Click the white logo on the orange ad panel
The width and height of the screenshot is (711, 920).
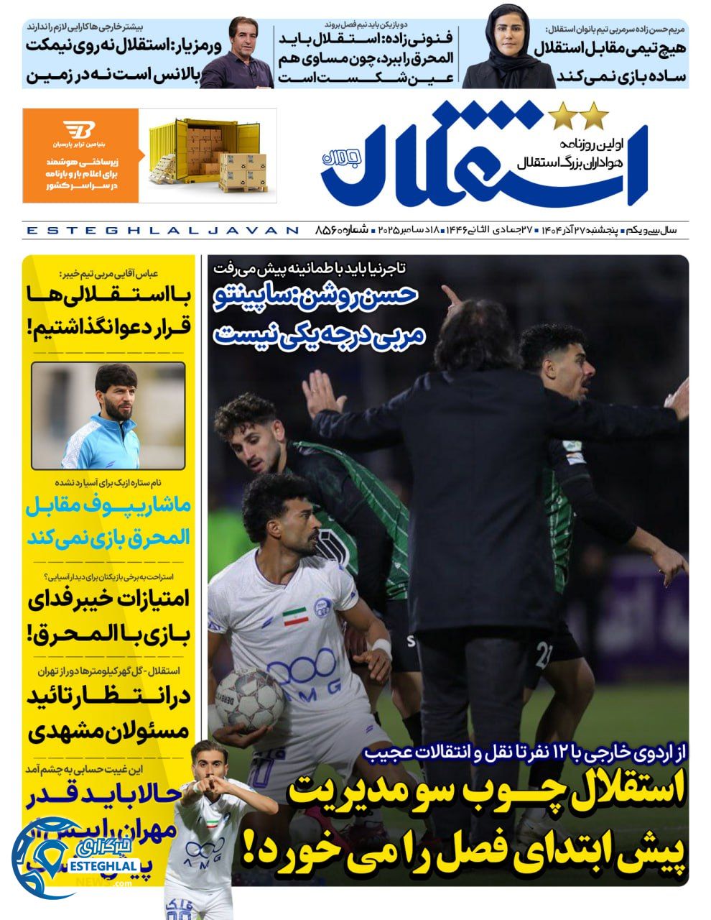point(79,132)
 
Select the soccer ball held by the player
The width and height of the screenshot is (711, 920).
point(250,701)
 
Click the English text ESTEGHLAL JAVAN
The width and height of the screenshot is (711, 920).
point(162,231)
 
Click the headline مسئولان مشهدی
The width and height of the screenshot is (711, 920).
point(108,731)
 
